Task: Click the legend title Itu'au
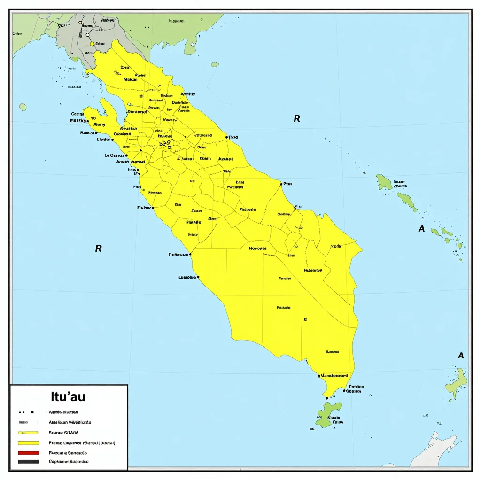click(68, 396)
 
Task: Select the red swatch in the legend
click(28, 453)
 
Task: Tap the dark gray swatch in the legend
click(28, 462)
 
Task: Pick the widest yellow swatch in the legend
click(28, 443)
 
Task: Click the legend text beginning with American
click(70, 422)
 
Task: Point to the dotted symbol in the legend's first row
click(26, 412)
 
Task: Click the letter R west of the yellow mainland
click(98, 248)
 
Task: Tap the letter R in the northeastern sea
click(296, 119)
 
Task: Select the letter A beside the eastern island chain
click(421, 229)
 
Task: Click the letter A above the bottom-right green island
click(461, 356)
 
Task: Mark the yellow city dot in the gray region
click(92, 44)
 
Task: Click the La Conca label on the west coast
click(114, 155)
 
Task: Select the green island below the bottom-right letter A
click(457, 383)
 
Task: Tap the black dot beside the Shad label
click(227, 137)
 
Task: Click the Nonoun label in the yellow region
click(257, 248)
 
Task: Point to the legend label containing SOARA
click(64, 432)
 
